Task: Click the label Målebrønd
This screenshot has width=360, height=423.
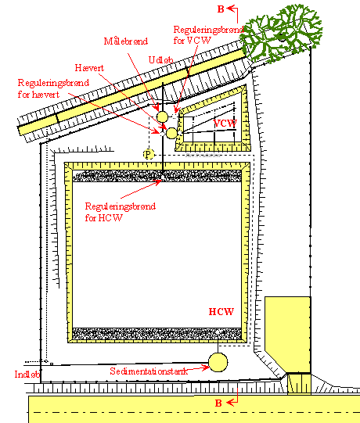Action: (126, 41)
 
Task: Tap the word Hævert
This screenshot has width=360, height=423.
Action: (89, 68)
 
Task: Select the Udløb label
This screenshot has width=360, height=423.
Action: (161, 60)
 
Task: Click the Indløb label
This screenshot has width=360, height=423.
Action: (27, 375)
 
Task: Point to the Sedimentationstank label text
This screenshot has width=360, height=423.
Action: (149, 371)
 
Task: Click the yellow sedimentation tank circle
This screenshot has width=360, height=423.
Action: (218, 362)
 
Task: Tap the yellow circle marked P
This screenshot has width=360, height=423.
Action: (148, 154)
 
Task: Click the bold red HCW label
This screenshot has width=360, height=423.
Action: (221, 312)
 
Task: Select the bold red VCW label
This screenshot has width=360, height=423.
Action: (225, 124)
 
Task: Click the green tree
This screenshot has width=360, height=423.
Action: (283, 32)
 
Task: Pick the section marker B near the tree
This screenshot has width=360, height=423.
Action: (221, 9)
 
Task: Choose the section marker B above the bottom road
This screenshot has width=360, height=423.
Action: (218, 403)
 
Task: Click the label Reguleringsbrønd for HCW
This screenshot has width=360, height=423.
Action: (121, 212)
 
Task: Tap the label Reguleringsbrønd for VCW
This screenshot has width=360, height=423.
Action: (208, 35)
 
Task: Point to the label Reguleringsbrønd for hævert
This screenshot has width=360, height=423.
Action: (53, 88)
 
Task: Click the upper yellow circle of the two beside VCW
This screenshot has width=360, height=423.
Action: (162, 117)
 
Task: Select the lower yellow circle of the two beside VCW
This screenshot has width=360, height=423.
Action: (171, 133)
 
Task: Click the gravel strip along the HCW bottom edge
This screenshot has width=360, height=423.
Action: (157, 334)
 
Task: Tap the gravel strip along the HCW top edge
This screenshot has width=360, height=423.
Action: (157, 176)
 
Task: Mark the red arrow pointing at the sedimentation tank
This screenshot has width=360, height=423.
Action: (197, 368)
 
